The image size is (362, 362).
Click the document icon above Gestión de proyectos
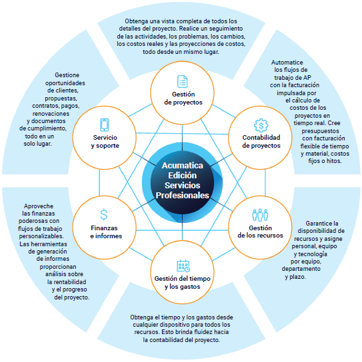click(x=182, y=81)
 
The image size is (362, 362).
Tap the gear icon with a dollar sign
click(x=261, y=125)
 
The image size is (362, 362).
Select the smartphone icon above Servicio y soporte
click(x=104, y=125)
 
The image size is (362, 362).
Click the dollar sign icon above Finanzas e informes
click(x=104, y=214)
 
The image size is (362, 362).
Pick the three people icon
click(x=260, y=215)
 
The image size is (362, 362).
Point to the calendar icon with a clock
click(x=183, y=266)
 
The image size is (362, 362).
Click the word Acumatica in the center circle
click(x=183, y=165)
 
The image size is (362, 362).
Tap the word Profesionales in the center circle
click(x=183, y=196)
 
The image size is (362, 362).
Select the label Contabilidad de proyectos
click(x=261, y=142)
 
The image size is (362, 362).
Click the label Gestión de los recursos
click(x=260, y=232)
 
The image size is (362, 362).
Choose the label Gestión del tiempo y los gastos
click(x=183, y=283)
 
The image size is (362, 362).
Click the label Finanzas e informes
click(x=106, y=232)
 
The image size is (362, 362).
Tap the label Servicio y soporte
click(x=105, y=142)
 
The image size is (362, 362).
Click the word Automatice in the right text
click(x=287, y=63)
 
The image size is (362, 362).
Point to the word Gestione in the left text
click(x=67, y=75)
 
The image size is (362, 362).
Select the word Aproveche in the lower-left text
click(x=39, y=206)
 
